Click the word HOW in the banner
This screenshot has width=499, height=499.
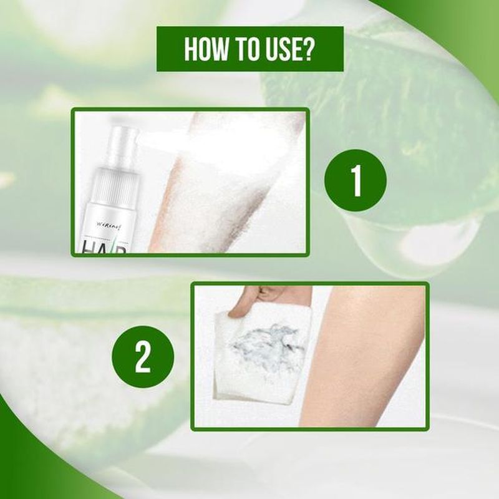(x=204, y=49)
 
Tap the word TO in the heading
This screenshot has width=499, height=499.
(x=245, y=49)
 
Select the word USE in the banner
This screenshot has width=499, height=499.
(x=284, y=49)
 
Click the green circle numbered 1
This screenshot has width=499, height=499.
(x=355, y=182)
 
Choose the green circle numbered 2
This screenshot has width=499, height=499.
(x=143, y=356)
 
